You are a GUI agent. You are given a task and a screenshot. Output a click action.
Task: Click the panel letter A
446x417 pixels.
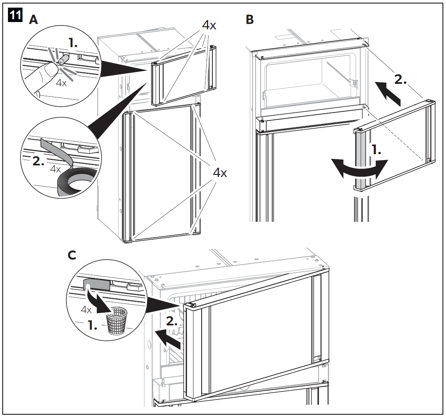coord(34,20)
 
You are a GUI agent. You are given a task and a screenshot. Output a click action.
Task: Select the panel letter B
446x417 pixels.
coord(250,20)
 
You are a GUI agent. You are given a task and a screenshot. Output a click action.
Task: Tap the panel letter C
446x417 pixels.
coord(72,255)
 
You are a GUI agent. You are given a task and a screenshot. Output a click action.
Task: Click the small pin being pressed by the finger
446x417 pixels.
coord(63,60)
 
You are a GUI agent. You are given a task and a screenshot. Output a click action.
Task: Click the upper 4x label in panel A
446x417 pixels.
coord(209,26)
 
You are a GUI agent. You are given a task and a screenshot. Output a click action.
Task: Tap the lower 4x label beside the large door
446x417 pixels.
coord(220,173)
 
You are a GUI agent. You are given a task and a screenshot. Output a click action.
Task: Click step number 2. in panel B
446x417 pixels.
coord(400,80)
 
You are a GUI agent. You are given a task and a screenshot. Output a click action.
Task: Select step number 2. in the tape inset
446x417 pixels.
coord(39,161)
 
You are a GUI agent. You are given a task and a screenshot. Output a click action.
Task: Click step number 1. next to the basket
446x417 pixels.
coord(92,325)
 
